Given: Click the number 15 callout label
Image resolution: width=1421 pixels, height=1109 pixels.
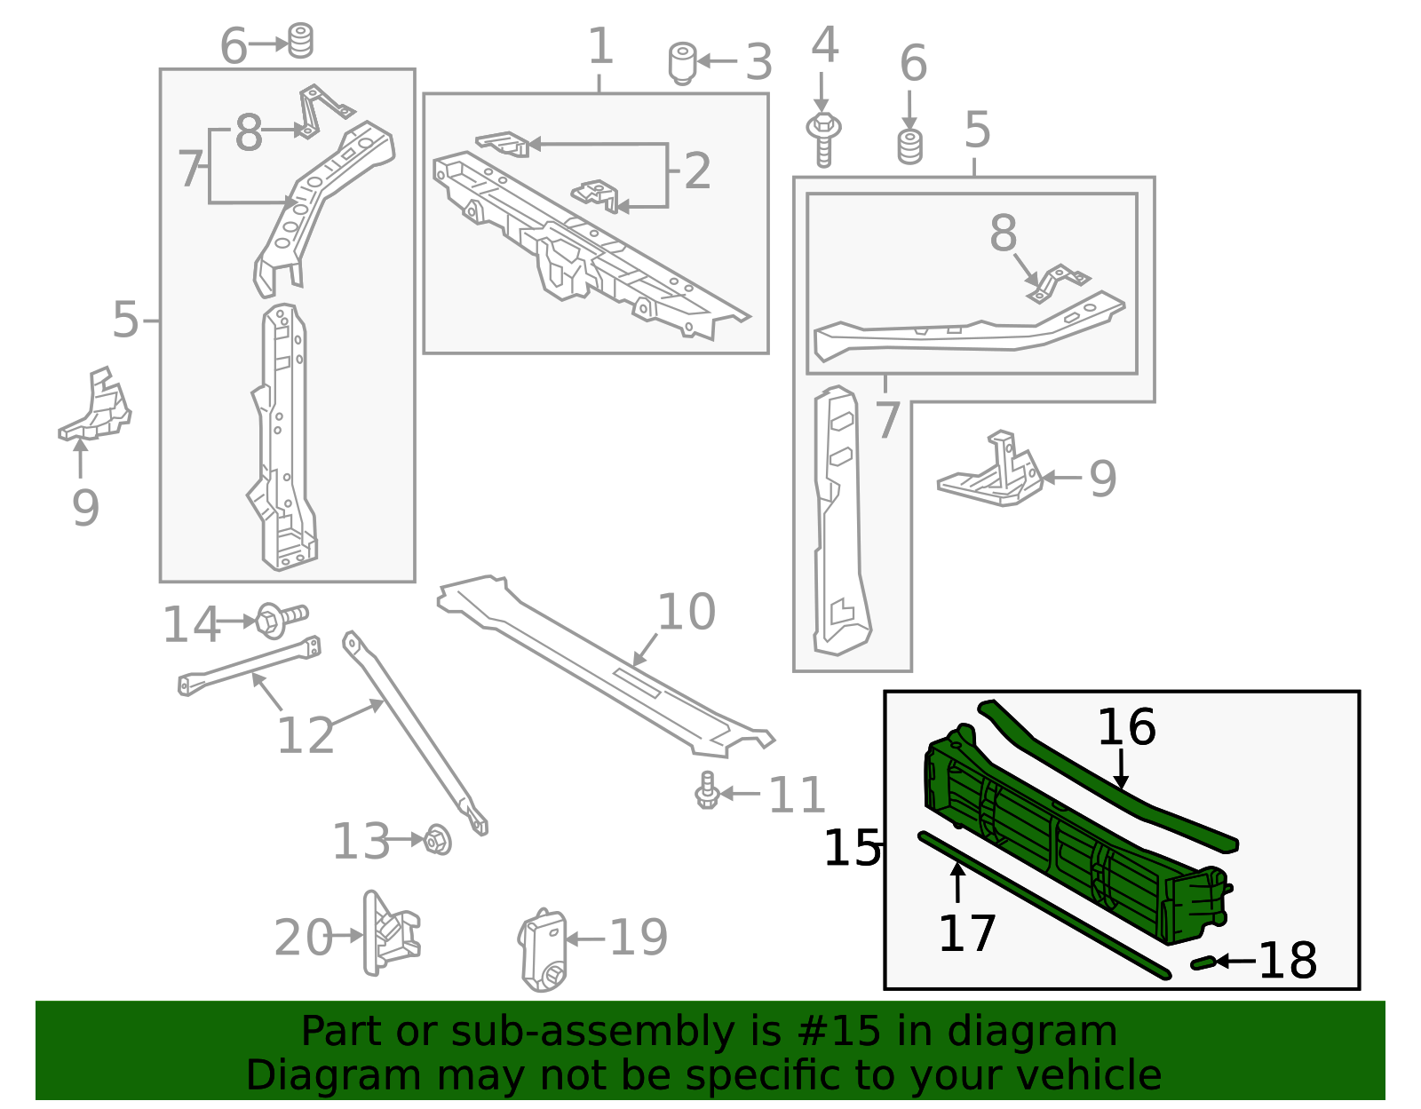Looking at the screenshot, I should [x=851, y=849].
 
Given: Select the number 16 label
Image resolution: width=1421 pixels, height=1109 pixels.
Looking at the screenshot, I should [x=1125, y=728].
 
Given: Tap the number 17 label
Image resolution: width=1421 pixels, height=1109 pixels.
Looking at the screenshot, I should [x=966, y=934].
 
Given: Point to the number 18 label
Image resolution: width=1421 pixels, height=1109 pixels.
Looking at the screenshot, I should [x=1288, y=962].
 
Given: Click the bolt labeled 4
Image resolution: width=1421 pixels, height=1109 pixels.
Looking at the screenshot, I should [x=823, y=139].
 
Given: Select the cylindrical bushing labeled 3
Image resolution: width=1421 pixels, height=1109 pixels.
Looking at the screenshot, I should [x=681, y=62].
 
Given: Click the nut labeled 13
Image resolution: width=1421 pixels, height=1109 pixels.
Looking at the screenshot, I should [x=438, y=839].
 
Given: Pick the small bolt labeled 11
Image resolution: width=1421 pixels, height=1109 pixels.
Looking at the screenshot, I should [x=707, y=791].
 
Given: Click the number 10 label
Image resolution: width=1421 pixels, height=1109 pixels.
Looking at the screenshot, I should [x=686, y=613].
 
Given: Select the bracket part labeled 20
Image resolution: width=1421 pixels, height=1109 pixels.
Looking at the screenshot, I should [x=389, y=935].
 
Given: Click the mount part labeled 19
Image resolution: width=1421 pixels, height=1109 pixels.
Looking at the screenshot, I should [x=543, y=949].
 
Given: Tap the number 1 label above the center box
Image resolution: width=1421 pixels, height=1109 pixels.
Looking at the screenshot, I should [x=600, y=46].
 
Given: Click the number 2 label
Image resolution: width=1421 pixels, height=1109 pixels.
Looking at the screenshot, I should [x=697, y=171].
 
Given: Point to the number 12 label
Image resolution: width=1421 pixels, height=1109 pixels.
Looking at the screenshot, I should [x=306, y=735].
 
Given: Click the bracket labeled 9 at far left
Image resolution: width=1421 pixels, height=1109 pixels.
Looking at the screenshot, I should [x=96, y=408].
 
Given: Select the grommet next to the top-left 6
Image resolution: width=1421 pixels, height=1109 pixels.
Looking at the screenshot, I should [x=301, y=41].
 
